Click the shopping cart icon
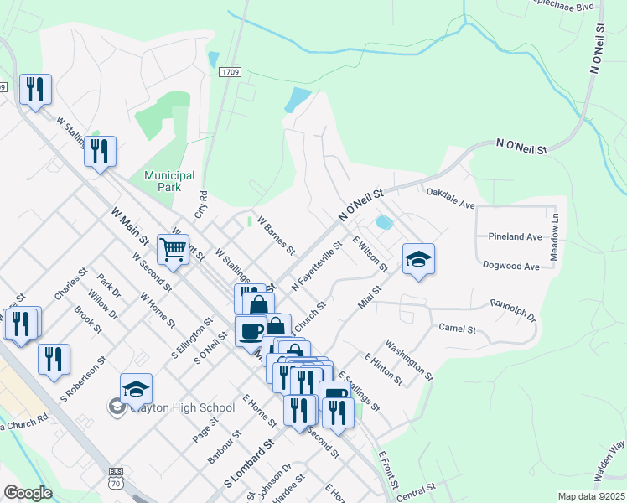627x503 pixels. pyautogui.click(x=173, y=248)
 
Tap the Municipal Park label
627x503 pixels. pyautogui.click(x=169, y=181)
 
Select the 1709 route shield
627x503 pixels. pyautogui.click(x=231, y=73)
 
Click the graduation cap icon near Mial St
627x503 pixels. pyautogui.click(x=418, y=259)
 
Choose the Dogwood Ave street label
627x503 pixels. pyautogui.click(x=511, y=266)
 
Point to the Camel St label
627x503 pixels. pyautogui.click(x=458, y=329)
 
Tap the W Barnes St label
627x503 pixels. pyautogui.click(x=277, y=237)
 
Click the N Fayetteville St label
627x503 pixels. pyautogui.click(x=318, y=268)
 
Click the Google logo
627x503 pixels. pyautogui.click(x=28, y=492)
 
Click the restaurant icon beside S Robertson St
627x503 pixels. pyautogui.click(x=54, y=360)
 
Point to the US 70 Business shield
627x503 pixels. pyautogui.click(x=114, y=479)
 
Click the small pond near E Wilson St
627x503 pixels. pyautogui.click(x=383, y=222)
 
